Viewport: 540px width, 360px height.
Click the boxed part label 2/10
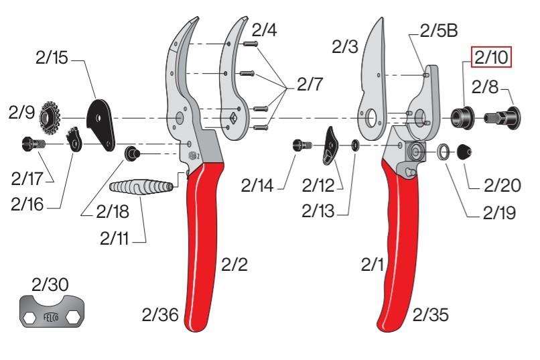[x=492, y=57]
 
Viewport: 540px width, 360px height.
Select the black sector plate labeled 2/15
[x=101, y=125]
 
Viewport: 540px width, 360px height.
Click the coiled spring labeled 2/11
[x=141, y=187]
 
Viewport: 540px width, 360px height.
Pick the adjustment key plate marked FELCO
[x=52, y=311]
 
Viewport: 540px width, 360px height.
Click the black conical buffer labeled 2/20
[x=464, y=152]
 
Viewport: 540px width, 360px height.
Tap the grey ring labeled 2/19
[x=444, y=152]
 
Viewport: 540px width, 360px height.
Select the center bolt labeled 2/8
[x=502, y=118]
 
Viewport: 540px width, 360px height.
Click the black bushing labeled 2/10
[x=462, y=118]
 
